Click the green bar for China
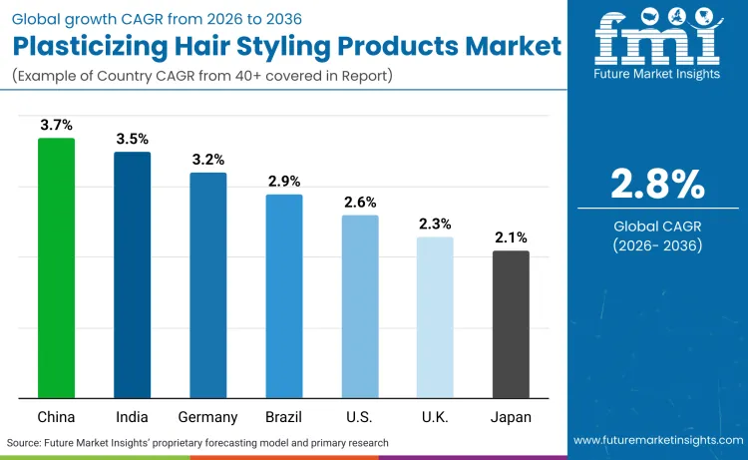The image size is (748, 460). (56, 268)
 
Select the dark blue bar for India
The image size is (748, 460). (132, 275)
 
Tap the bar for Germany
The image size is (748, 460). (207, 285)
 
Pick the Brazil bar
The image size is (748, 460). (284, 296)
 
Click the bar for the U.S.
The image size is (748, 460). (360, 307)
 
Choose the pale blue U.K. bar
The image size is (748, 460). (435, 318)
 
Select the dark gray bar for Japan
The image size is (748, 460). (511, 325)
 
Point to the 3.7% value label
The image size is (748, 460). (56, 125)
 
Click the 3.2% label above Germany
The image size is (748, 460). (207, 160)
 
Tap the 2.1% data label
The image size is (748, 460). (511, 237)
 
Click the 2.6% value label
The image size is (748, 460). (360, 202)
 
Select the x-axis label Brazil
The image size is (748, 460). (284, 417)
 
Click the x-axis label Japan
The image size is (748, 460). (511, 417)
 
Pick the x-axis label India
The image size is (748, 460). (132, 417)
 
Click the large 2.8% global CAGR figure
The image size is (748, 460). (657, 185)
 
